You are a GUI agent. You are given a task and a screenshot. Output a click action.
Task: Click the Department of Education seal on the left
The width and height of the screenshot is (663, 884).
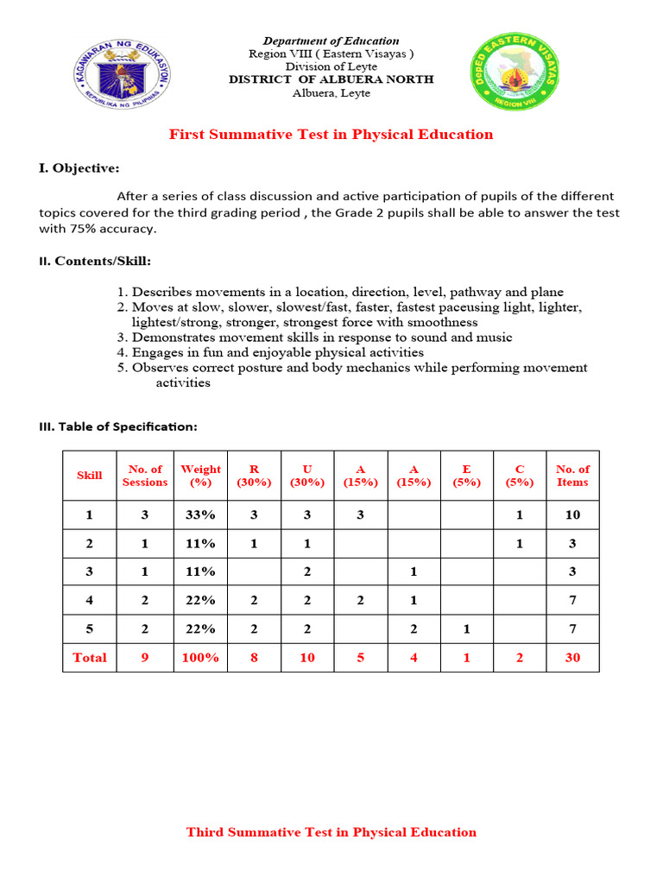click(x=122, y=73)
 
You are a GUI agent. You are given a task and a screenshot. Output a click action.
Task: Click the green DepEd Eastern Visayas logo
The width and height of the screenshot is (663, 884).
click(x=515, y=73)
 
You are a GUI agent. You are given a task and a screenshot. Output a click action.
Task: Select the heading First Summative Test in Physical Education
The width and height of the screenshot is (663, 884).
click(x=331, y=134)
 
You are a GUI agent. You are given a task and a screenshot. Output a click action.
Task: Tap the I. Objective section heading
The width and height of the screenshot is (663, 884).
click(x=79, y=167)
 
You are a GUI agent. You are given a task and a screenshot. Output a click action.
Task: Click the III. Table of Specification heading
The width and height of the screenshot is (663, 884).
click(x=117, y=426)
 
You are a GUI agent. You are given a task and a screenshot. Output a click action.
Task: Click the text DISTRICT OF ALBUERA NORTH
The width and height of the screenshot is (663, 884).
click(x=331, y=79)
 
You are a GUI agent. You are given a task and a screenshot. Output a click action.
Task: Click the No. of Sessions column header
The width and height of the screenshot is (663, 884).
click(x=145, y=476)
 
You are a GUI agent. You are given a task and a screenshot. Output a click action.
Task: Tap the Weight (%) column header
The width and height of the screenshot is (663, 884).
click(x=200, y=476)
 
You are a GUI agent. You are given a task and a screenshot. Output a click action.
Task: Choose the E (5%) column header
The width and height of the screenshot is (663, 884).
click(x=466, y=476)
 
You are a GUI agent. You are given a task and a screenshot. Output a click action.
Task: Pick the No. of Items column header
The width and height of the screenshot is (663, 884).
click(x=572, y=476)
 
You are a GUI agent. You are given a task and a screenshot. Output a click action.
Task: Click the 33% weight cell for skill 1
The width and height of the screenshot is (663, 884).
click(x=200, y=515)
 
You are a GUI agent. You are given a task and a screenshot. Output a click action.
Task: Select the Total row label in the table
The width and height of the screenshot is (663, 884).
click(x=90, y=657)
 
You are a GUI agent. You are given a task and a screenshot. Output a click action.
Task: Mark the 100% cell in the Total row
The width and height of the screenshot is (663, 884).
click(x=200, y=657)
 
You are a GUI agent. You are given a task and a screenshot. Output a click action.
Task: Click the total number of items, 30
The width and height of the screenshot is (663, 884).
click(x=572, y=657)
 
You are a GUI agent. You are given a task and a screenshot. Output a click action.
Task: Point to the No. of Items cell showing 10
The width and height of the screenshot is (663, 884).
click(x=572, y=515)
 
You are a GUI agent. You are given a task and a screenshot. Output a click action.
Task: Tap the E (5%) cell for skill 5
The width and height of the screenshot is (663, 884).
click(x=466, y=629)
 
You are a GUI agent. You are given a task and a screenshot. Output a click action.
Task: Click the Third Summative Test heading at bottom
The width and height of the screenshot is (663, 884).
click(x=331, y=832)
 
